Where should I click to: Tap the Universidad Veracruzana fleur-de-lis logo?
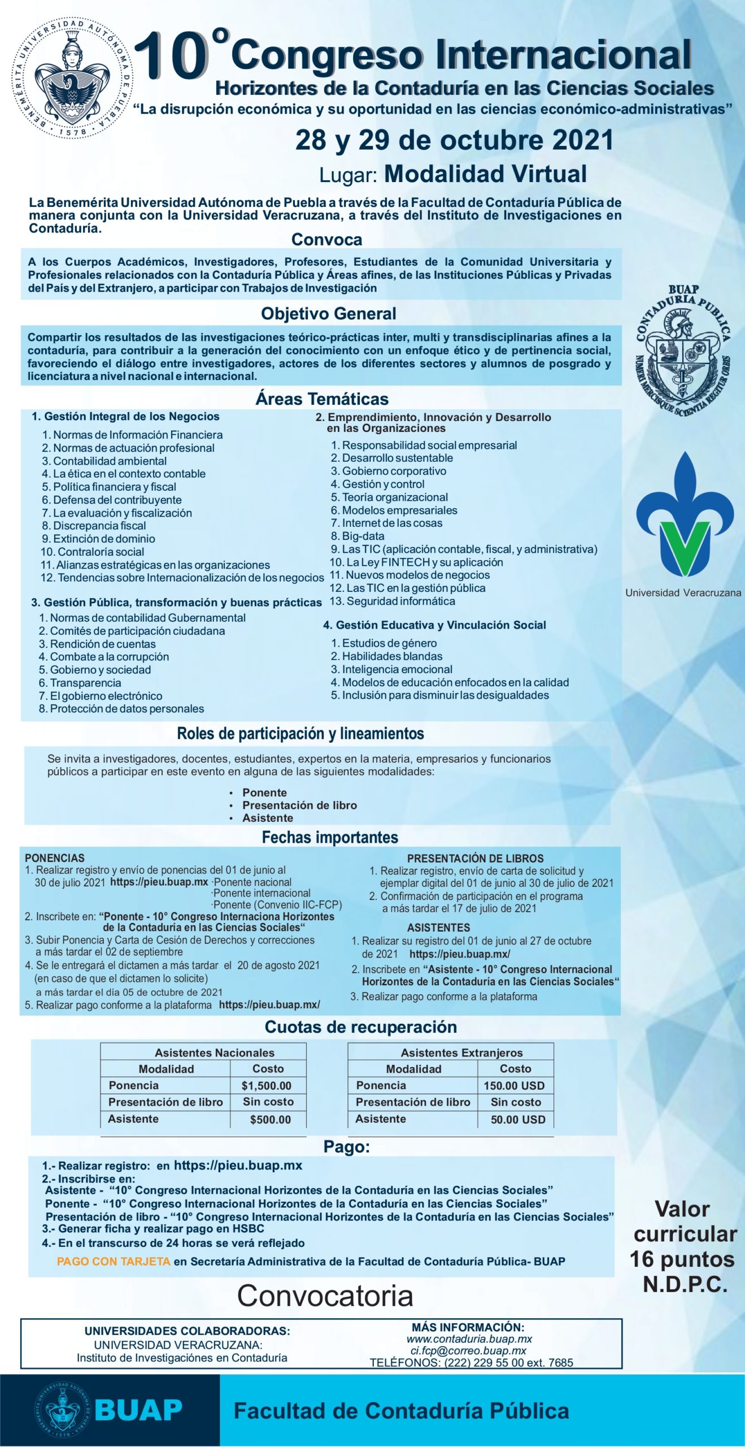point(685,514)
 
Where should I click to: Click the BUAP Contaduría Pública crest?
point(683,351)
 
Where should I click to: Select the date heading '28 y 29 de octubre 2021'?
point(454,140)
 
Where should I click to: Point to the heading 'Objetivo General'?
point(328,314)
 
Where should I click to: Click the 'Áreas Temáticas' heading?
point(322,399)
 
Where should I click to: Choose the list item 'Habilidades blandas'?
point(392,656)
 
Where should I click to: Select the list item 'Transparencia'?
point(85,683)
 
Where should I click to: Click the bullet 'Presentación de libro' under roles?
point(299,805)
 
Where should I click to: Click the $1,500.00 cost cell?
point(267,1086)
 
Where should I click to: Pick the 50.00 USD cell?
point(517,1120)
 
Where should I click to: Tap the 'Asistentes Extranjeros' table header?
point(461,1052)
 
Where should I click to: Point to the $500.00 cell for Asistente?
point(270,1120)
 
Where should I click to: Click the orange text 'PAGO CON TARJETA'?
point(114,1261)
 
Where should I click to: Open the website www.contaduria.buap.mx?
point(469,1339)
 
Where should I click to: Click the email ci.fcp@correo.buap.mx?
point(468,1351)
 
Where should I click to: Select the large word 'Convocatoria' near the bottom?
point(325,1296)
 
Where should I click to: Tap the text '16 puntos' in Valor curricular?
point(682,1259)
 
